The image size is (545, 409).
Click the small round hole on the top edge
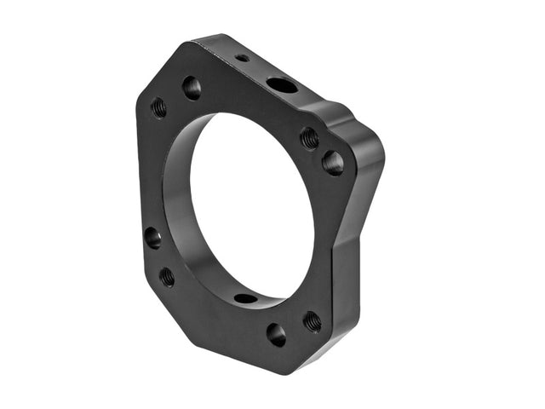(x=243, y=59)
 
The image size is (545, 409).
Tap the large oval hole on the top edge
(x=282, y=85)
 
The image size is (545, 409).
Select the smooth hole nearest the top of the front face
(x=192, y=87)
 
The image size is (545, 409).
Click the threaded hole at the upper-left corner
(x=158, y=107)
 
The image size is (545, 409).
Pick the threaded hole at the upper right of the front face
(x=309, y=137)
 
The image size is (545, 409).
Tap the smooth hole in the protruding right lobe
(x=333, y=162)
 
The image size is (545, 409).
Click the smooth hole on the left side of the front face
(x=152, y=237)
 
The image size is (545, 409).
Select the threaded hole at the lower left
(x=167, y=276)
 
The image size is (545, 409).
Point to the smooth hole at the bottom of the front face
(x=276, y=333)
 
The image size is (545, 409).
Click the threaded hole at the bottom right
(x=313, y=321)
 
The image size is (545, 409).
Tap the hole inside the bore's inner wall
(x=245, y=298)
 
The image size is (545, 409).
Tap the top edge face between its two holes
(x=261, y=71)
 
